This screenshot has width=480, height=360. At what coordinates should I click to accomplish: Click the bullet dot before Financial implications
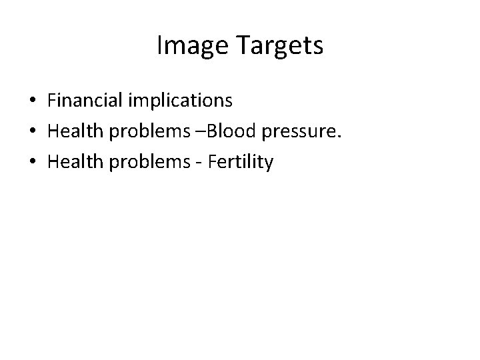coord(33,101)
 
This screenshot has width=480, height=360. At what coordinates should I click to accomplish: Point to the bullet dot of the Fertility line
coord(33,163)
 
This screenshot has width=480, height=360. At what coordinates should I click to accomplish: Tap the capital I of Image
coord(159,45)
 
